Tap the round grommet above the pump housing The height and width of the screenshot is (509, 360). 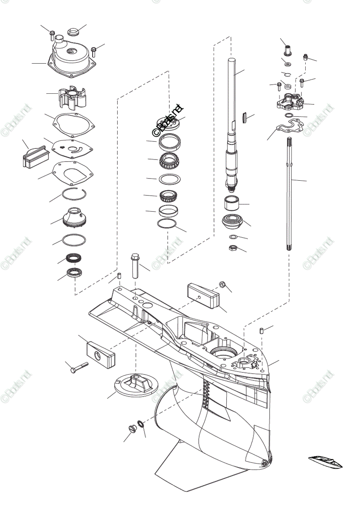74,32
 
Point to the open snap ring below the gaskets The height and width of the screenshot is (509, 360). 74,195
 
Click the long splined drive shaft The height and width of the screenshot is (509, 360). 233,127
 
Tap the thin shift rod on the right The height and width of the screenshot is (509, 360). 290,195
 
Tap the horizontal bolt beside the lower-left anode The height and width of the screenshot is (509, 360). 78,367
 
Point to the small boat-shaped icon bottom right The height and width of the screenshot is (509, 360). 326,461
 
